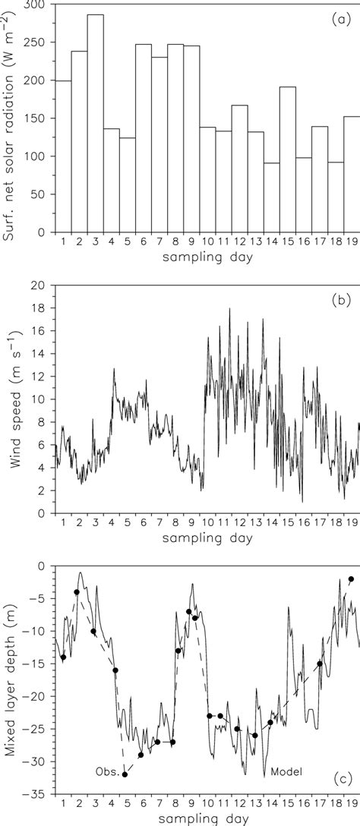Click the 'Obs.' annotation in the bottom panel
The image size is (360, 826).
(105, 771)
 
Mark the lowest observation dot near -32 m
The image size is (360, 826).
(125, 774)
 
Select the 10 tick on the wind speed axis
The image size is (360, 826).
(42, 399)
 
